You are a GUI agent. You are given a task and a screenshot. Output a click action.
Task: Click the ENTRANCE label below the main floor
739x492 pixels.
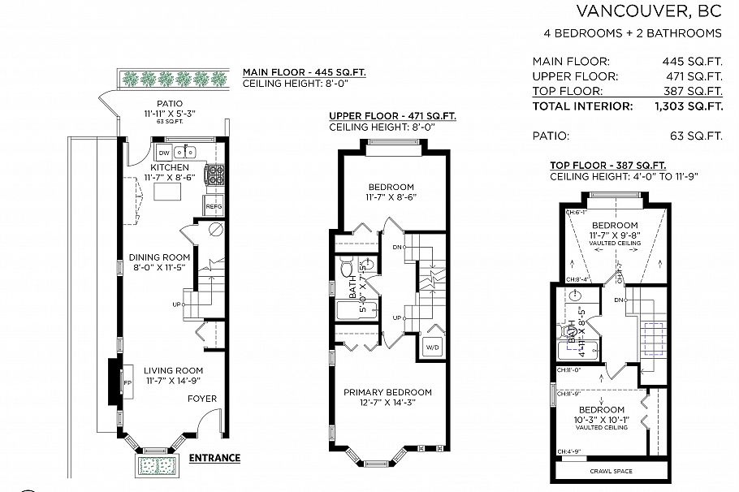tap(214, 458)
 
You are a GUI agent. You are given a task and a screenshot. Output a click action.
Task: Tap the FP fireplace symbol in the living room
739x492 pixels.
tap(127, 381)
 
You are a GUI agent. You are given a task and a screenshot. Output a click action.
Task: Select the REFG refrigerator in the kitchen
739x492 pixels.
tap(214, 207)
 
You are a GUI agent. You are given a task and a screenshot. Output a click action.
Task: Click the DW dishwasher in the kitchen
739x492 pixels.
tap(164, 153)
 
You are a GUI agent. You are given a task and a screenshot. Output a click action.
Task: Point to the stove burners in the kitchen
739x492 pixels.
tap(217, 173)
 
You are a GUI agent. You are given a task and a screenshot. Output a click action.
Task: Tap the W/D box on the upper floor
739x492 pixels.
tap(431, 348)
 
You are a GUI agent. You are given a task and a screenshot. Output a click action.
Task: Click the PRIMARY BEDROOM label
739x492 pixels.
tap(387, 393)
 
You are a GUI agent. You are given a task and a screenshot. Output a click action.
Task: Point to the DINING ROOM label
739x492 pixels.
tap(160, 258)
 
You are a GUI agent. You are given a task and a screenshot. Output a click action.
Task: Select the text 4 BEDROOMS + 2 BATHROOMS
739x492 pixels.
tap(633, 33)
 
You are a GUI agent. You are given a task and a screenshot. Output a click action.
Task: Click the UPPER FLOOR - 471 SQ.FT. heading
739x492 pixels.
tap(392, 116)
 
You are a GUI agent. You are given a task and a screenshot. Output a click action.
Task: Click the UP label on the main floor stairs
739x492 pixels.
tap(176, 304)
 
